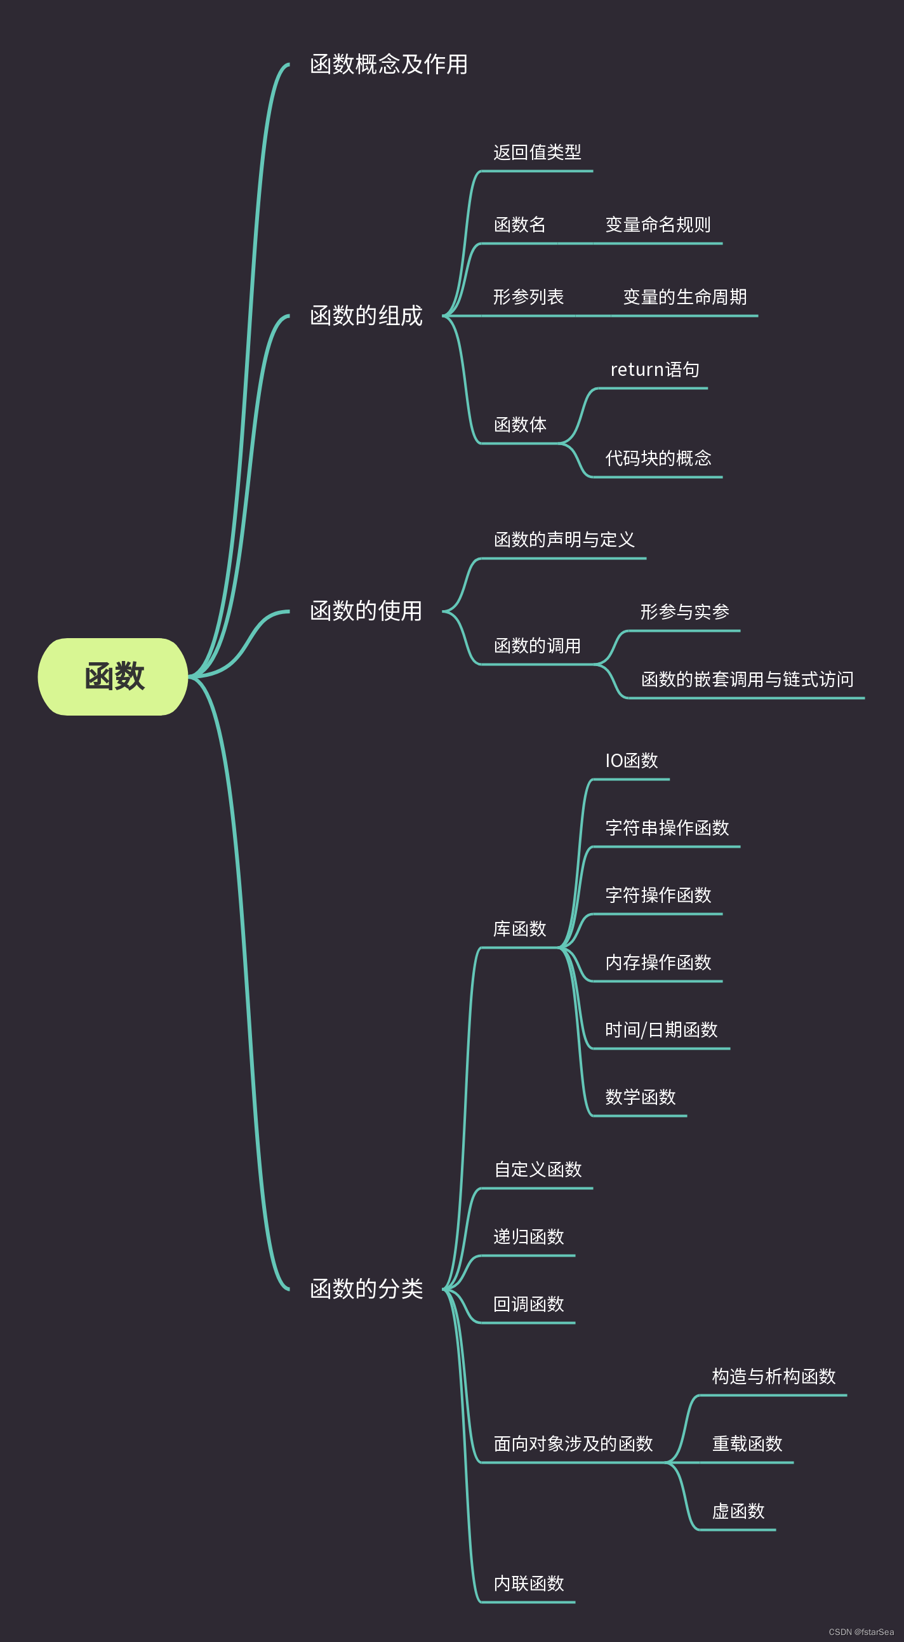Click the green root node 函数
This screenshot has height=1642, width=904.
pos(114,676)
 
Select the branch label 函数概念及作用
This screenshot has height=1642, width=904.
pos(389,64)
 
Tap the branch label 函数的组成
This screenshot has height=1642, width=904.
pos(366,316)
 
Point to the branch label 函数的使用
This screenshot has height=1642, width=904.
pos(366,611)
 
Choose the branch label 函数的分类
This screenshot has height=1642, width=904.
pos(366,1288)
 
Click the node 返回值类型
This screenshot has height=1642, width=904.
pos(537,152)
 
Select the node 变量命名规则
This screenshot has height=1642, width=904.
pos(657,224)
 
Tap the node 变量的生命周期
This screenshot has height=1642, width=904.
pos(684,297)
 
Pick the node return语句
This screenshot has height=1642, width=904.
pos(654,370)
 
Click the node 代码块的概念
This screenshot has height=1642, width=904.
pos(657,458)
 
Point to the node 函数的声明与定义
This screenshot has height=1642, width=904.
pos(564,540)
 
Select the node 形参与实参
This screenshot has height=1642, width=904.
pos(684,612)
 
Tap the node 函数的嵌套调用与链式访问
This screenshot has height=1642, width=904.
pos(747,679)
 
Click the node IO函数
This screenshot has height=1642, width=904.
pos(631,761)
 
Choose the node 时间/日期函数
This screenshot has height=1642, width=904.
pos(661,1029)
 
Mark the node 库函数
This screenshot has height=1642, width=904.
pos(519,929)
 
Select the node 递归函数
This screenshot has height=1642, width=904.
pos(529,1237)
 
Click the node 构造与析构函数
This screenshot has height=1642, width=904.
pos(773,1376)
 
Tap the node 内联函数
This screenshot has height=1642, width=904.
pos(529,1584)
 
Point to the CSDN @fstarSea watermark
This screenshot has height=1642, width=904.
pos(861,1632)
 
